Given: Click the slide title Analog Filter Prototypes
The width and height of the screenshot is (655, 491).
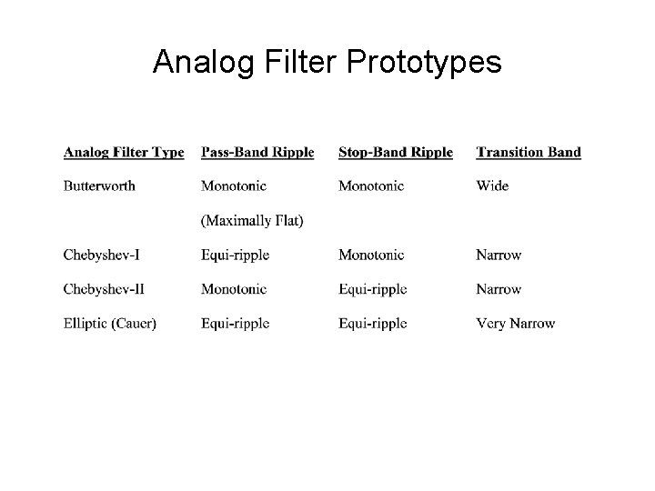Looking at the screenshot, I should click(327, 61).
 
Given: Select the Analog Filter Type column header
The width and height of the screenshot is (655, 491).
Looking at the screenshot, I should click(124, 152).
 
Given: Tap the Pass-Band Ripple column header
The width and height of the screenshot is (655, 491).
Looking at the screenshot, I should click(257, 152).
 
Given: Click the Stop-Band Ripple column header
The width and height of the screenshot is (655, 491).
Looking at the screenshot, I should click(395, 152).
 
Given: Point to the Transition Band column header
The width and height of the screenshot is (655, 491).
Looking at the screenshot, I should click(528, 152).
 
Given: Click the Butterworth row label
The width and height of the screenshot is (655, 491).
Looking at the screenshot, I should click(99, 185).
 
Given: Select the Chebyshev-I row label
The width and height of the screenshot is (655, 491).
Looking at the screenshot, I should click(101, 255).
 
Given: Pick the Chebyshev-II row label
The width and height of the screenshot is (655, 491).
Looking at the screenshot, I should click(103, 289).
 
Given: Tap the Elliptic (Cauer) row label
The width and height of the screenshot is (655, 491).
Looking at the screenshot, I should click(109, 323).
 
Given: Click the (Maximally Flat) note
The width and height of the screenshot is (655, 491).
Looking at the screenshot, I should click(252, 220).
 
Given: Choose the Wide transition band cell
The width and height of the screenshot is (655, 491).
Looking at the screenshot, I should click(492, 185).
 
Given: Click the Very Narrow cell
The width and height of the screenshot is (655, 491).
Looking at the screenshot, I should click(515, 323).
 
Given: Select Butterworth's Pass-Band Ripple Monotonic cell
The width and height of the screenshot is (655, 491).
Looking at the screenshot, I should click(234, 185).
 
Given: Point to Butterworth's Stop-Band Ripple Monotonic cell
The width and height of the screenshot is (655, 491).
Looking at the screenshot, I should click(371, 185).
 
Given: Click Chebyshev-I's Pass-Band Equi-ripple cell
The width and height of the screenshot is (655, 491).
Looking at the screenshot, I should click(235, 255).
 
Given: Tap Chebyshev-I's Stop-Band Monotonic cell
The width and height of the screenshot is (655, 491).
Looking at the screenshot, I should click(371, 255).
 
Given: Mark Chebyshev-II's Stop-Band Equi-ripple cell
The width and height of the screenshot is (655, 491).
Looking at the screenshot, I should click(372, 289).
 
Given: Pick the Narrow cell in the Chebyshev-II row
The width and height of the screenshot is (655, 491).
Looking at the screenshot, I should click(499, 289).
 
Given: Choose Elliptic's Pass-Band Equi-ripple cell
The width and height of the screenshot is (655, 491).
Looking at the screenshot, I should click(235, 323).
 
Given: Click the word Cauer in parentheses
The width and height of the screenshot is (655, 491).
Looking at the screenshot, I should click(135, 323).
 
